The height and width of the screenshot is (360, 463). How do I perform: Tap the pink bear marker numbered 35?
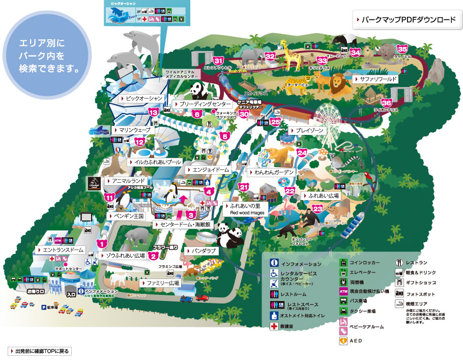click(402, 49)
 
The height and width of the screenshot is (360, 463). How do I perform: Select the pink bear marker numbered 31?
click(219, 61)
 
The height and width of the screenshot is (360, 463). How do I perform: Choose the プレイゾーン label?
click(306, 130)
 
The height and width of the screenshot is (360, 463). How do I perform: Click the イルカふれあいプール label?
click(155, 161)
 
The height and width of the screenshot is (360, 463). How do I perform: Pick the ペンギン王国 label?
click(125, 216)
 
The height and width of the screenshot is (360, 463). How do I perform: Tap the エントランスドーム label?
click(60, 250)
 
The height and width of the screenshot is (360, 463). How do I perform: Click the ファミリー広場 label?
click(160, 282)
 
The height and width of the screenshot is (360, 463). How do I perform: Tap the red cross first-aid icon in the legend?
click(274, 325)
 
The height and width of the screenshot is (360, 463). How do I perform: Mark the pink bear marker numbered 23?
click(318, 209)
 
